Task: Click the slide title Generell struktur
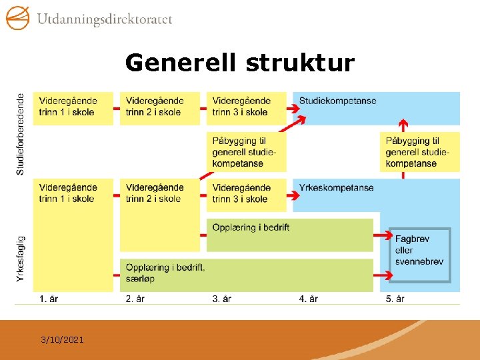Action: pyautogui.click(x=240, y=63)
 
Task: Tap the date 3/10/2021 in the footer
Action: pyautogui.click(x=62, y=340)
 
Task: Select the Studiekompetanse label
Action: pyautogui.click(x=337, y=101)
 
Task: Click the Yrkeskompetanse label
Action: pyautogui.click(x=336, y=188)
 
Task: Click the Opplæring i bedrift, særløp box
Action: pyautogui.click(x=246, y=274)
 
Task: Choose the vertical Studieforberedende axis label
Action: pyautogui.click(x=21, y=134)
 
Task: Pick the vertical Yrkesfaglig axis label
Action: pyautogui.click(x=21, y=257)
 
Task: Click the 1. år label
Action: pyautogui.click(x=49, y=299)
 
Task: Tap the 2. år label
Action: pyautogui.click(x=135, y=299)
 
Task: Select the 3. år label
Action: pyautogui.click(x=222, y=299)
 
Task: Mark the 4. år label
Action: pyautogui.click(x=309, y=299)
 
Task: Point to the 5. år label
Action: pyautogui.click(x=395, y=299)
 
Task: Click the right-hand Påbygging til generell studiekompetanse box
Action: pyautogui.click(x=420, y=152)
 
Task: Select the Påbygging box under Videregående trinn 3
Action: pyautogui.click(x=246, y=152)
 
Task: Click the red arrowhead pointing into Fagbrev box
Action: pyautogui.click(x=390, y=235)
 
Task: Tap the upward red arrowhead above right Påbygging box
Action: pyautogui.click(x=403, y=123)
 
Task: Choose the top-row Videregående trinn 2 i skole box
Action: pyautogui.click(x=160, y=107)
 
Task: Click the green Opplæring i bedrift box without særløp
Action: pyautogui.click(x=289, y=234)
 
